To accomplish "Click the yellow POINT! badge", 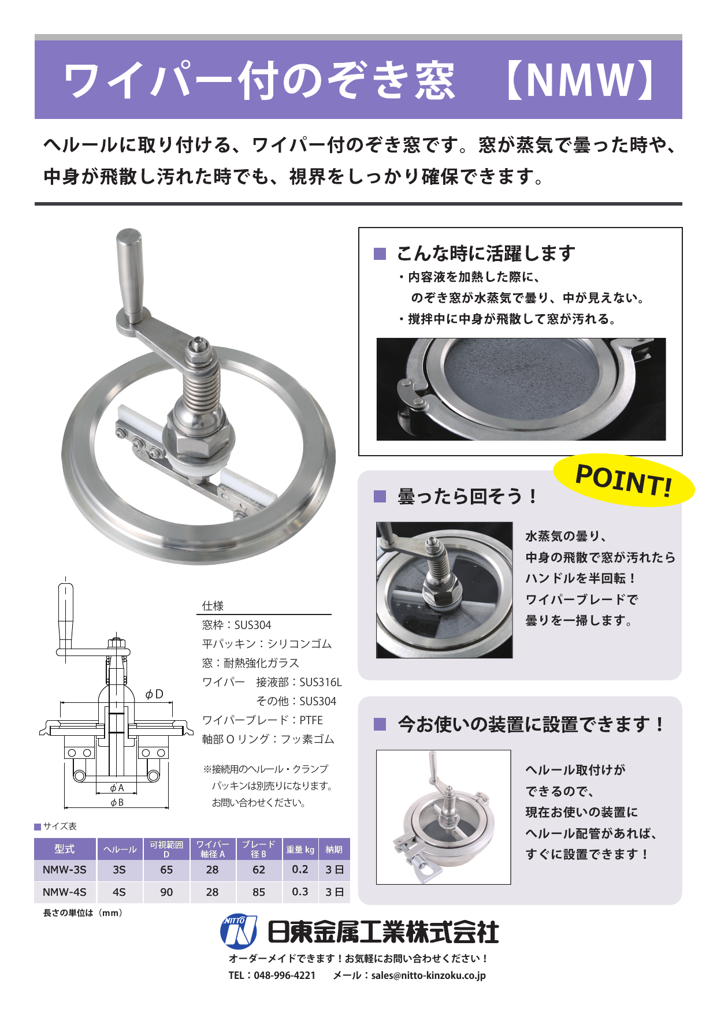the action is click(x=624, y=480).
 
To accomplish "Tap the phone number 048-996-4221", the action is click(x=285, y=975).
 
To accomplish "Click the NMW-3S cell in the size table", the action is click(x=65, y=870).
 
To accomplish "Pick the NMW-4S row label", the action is click(x=65, y=892).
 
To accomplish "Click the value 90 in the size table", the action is click(x=166, y=892).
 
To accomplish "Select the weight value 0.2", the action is click(x=300, y=869).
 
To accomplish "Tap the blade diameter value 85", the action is click(x=259, y=892).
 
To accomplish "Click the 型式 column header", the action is click(x=65, y=849).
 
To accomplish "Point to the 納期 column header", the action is click(x=334, y=850).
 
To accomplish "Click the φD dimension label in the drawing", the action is click(x=154, y=694).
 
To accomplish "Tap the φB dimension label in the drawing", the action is click(x=117, y=802).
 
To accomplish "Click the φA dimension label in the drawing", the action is click(x=117, y=788).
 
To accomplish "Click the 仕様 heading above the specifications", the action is click(x=213, y=606).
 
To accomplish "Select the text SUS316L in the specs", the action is click(x=321, y=682).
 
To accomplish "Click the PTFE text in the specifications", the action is click(x=311, y=720).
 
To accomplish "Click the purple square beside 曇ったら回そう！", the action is click(x=380, y=496).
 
